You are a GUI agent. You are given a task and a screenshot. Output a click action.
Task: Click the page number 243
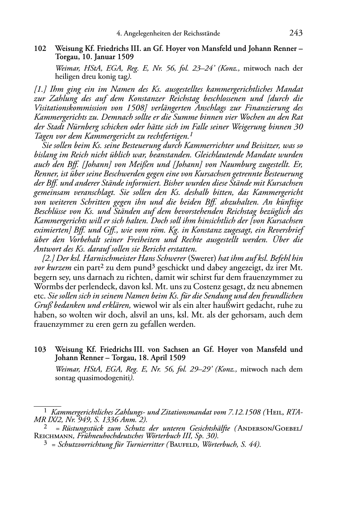(295, 33)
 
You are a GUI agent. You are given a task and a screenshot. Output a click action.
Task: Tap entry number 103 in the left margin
(40, 350)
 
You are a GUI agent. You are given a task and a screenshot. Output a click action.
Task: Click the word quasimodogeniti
(106, 378)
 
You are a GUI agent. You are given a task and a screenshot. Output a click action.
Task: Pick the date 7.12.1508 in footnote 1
(243, 412)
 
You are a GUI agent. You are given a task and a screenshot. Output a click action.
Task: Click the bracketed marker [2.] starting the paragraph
(48, 258)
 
